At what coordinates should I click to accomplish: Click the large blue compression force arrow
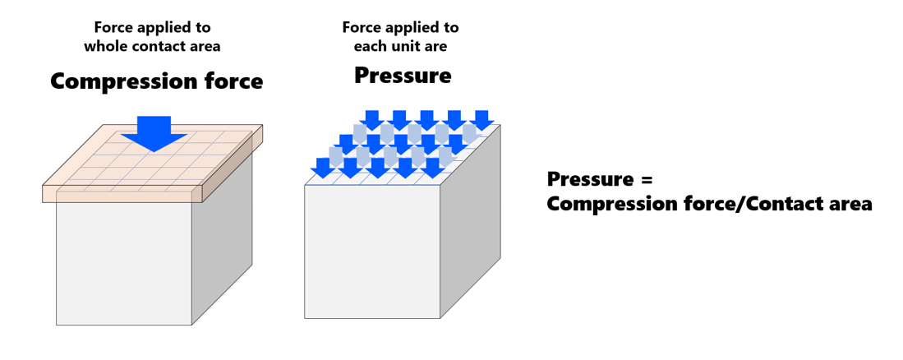pyautogui.click(x=153, y=133)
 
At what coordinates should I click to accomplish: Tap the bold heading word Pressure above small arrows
pyautogui.click(x=403, y=76)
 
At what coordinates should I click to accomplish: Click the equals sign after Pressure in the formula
pyautogui.click(x=646, y=180)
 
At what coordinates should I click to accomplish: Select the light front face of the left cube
pyautogui.click(x=123, y=263)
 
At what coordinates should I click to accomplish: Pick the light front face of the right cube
pyautogui.click(x=371, y=251)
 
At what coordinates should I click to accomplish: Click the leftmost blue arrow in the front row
pyautogui.click(x=324, y=168)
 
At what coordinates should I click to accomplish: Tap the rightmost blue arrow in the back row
pyautogui.click(x=481, y=120)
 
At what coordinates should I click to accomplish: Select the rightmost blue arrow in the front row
pyautogui.click(x=432, y=168)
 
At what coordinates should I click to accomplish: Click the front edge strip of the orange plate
pyautogui.click(x=123, y=194)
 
